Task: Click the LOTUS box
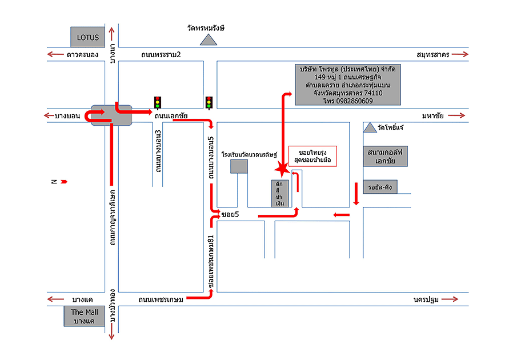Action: click(x=88, y=37)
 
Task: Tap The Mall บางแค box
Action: click(x=84, y=316)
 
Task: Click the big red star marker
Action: click(x=281, y=170)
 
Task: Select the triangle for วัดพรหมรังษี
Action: click(x=209, y=39)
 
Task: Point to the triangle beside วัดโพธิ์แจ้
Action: click(x=370, y=127)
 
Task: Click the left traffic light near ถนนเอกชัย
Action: click(x=157, y=103)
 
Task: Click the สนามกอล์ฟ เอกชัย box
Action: click(x=386, y=156)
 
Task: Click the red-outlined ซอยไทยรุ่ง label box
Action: click(x=312, y=156)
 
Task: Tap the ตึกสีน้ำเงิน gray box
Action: click(x=279, y=193)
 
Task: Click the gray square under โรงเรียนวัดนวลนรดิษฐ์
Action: click(x=239, y=166)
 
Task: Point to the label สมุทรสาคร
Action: click(x=434, y=55)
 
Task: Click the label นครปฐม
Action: click(x=423, y=299)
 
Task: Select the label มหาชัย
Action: click(x=433, y=116)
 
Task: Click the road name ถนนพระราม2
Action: click(x=161, y=55)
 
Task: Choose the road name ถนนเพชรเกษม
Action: click(x=161, y=299)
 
